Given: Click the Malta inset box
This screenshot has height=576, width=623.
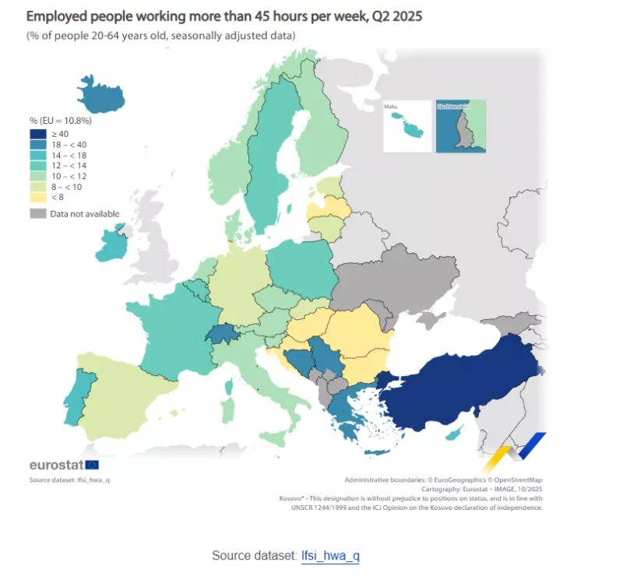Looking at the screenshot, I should [407, 125].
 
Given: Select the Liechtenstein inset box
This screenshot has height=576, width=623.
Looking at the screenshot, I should [460, 125].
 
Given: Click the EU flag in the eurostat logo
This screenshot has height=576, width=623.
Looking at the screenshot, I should [92, 465].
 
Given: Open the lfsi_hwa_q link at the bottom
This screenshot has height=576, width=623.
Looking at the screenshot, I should [330, 556].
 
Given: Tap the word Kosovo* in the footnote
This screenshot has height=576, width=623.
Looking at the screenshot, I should [292, 498].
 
